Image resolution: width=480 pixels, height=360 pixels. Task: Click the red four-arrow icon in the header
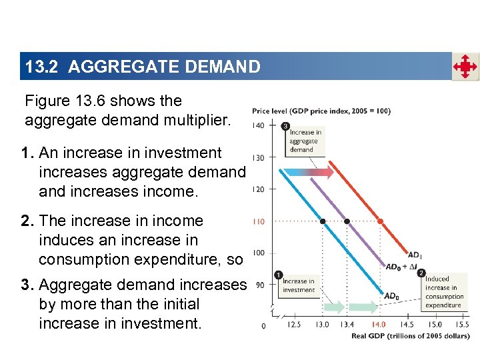coord(465,67)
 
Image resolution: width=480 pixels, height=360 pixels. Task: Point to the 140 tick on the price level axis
coord(257,125)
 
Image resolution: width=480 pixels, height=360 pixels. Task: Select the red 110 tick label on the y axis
coord(257,221)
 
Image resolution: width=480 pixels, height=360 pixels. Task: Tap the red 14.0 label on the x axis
coord(378,325)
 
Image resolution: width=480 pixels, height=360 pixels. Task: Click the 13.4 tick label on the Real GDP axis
coord(347,325)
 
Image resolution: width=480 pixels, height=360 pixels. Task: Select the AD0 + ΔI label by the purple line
coord(402,267)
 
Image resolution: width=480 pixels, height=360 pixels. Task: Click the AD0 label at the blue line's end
coord(393,296)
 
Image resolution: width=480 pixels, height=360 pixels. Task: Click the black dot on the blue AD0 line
coord(323,221)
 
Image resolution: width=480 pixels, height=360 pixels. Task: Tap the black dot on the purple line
coord(347,221)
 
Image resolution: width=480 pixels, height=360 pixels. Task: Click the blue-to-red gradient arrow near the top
coord(313,172)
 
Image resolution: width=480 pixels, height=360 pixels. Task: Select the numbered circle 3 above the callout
coord(285,126)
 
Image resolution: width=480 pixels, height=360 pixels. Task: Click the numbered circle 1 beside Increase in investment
coord(278,275)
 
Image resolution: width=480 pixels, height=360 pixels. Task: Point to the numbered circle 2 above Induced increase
coord(421,273)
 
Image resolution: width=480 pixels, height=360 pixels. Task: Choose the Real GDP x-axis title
coord(410,335)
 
